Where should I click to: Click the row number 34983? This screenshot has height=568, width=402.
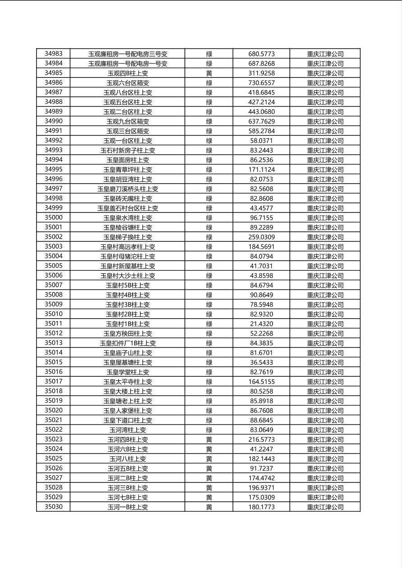(x=54, y=54)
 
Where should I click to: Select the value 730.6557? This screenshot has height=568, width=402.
(x=261, y=83)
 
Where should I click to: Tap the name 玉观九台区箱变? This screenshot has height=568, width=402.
(x=128, y=122)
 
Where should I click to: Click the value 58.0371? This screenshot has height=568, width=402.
(x=261, y=141)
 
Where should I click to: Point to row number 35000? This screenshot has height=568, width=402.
(x=54, y=217)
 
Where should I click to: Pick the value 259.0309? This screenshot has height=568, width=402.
(x=261, y=237)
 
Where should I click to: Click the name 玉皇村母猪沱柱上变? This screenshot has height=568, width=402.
(x=128, y=257)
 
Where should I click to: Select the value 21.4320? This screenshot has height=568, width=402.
(x=261, y=324)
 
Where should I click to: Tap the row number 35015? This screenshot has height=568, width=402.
(x=54, y=362)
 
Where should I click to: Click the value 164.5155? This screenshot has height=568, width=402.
(x=261, y=382)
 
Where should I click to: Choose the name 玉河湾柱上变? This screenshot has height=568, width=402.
(x=128, y=430)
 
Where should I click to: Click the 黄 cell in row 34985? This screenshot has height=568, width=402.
(x=209, y=73)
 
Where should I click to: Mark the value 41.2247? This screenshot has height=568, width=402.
(x=261, y=449)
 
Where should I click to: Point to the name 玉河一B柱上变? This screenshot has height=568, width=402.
(x=128, y=507)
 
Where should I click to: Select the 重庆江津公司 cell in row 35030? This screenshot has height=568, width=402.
(x=325, y=507)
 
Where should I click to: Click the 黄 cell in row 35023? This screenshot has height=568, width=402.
(x=209, y=440)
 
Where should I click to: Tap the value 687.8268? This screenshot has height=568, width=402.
(x=261, y=63)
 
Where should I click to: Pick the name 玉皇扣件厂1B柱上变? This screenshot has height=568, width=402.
(x=128, y=343)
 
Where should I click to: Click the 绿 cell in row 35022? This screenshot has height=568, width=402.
(x=209, y=430)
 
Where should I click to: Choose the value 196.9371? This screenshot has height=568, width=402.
(x=261, y=488)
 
